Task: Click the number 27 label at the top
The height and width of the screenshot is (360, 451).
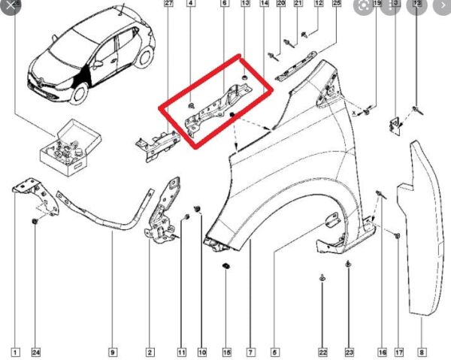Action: tap(168, 5)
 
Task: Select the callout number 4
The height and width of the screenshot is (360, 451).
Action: tap(190, 5)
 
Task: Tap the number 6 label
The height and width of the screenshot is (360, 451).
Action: tap(224, 5)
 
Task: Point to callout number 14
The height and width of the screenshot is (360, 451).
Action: tap(264, 5)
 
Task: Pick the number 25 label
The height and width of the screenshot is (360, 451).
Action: tap(336, 5)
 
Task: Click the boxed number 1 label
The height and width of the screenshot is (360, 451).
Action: tap(15, 352)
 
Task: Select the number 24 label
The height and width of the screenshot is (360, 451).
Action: tap(35, 352)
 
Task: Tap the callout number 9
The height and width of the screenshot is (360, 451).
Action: tap(113, 352)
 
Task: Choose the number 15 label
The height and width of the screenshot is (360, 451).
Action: tap(226, 352)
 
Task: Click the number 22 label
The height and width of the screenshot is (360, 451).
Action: tap(323, 352)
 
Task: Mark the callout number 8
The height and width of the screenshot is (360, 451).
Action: tap(421, 352)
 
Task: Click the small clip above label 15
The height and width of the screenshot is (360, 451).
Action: tap(226, 267)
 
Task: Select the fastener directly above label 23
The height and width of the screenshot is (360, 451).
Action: tap(349, 264)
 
